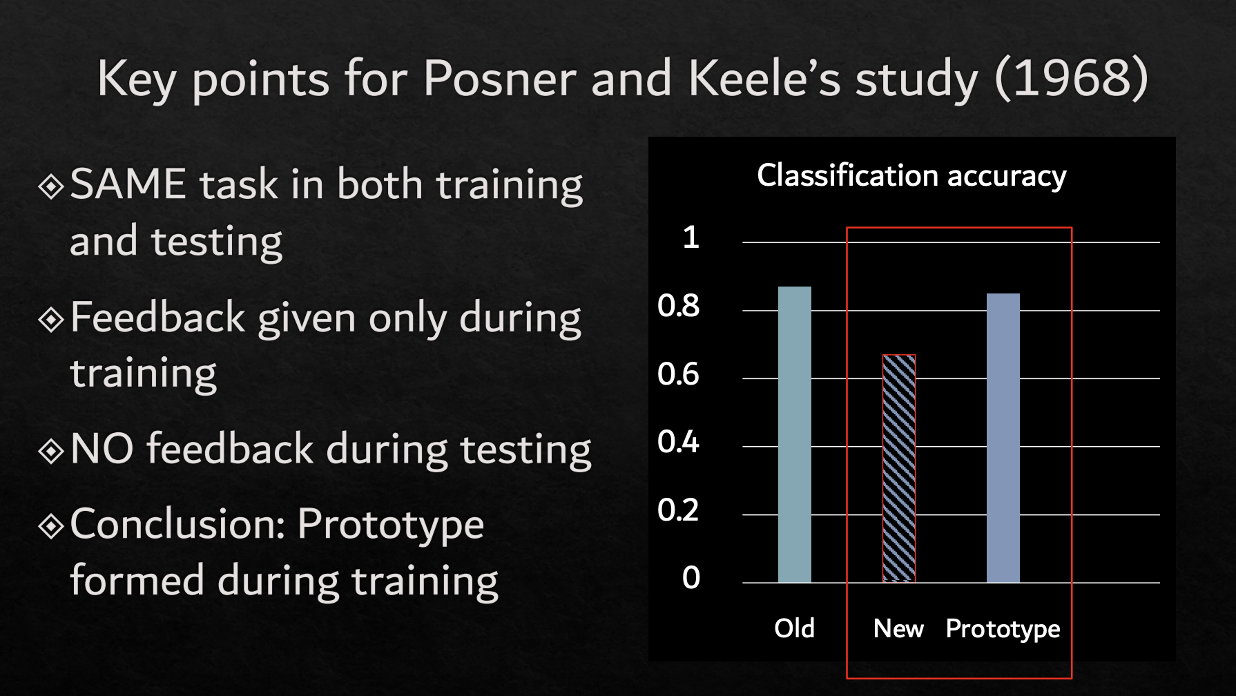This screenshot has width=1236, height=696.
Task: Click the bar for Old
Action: point(795,434)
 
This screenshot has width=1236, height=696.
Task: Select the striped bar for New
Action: point(899,469)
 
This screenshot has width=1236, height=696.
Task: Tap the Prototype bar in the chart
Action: point(1003,438)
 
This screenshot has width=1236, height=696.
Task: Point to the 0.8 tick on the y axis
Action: point(679,306)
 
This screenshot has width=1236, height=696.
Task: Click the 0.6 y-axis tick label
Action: point(679,374)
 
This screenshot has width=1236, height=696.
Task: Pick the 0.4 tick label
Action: point(679,442)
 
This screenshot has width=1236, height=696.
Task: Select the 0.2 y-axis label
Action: point(679,510)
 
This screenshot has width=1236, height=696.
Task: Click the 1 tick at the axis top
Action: point(691,238)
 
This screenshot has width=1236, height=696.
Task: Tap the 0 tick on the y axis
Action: point(691,578)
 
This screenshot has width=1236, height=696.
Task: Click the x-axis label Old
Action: point(795,628)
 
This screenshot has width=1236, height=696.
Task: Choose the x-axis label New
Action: point(898,628)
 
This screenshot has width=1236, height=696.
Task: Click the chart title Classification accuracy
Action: point(912,176)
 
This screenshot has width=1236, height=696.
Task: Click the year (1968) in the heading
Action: point(1072,79)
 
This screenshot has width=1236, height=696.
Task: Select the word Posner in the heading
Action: point(499,78)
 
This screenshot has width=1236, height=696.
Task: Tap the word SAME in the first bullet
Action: point(128,184)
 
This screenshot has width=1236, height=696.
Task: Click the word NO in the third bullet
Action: point(102,449)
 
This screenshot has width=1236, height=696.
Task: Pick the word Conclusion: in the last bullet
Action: point(178,524)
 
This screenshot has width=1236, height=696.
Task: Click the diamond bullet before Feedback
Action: point(52,320)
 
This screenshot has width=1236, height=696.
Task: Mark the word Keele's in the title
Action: point(765,78)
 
